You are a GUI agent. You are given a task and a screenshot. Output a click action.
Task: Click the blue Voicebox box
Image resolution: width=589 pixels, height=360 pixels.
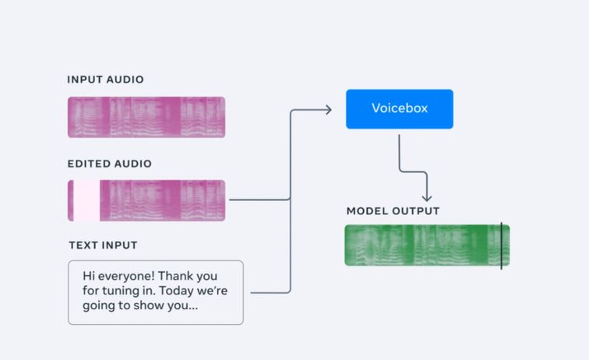tap(399, 109)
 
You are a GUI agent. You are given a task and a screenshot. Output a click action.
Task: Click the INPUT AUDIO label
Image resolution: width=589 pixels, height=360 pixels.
tap(105, 79)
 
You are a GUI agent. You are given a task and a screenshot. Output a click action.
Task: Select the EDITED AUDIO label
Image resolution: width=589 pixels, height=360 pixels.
tap(109, 164)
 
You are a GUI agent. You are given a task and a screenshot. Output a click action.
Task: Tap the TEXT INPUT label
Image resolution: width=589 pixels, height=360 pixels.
tap(103, 245)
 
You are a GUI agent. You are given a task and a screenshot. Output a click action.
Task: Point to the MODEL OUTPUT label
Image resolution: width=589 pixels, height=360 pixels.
tap(393, 211)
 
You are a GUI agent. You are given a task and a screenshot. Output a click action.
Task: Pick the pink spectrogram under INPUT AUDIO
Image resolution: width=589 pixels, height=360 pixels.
tap(146, 117)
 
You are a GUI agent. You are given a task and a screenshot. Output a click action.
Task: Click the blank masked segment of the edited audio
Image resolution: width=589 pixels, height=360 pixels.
tap(86, 200)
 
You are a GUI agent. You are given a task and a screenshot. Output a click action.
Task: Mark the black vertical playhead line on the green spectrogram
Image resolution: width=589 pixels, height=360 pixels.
tap(501, 246)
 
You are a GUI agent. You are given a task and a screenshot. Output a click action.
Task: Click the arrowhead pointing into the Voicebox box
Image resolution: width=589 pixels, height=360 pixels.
tap(327, 109)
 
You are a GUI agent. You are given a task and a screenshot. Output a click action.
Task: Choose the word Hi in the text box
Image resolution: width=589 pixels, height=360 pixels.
tap(90, 276)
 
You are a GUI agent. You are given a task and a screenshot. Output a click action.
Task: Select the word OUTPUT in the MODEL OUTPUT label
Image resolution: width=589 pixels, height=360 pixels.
tap(414, 211)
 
